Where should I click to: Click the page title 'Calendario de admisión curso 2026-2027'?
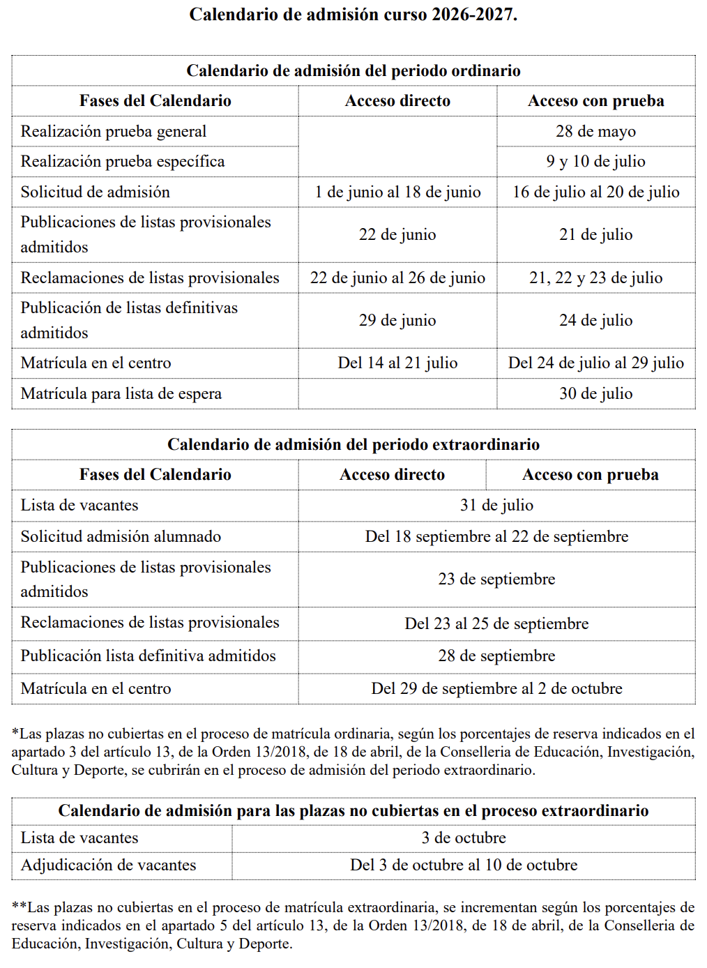tap(353, 15)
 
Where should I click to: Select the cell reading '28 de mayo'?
tap(595, 131)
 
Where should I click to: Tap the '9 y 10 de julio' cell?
tap(595, 162)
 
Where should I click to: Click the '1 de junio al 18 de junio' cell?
tap(397, 192)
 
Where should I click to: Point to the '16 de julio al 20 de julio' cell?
tap(595, 192)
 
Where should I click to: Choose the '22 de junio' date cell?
tap(397, 234)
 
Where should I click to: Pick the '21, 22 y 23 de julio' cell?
tap(595, 278)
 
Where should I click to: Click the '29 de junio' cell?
tap(397, 320)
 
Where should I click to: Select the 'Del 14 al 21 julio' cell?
tap(397, 363)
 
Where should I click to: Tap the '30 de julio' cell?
tap(595, 393)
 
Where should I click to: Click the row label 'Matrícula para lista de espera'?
tap(121, 394)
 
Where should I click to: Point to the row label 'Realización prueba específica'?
tap(123, 162)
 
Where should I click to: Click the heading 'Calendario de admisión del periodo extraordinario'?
tap(353, 445)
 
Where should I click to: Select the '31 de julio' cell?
tap(496, 505)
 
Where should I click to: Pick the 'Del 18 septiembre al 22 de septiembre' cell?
tap(496, 536)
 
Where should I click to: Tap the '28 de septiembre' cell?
tap(496, 656)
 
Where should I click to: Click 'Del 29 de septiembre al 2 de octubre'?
tap(496, 688)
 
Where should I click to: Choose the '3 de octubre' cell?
tap(464, 838)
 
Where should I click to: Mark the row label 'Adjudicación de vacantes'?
tap(108, 865)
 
